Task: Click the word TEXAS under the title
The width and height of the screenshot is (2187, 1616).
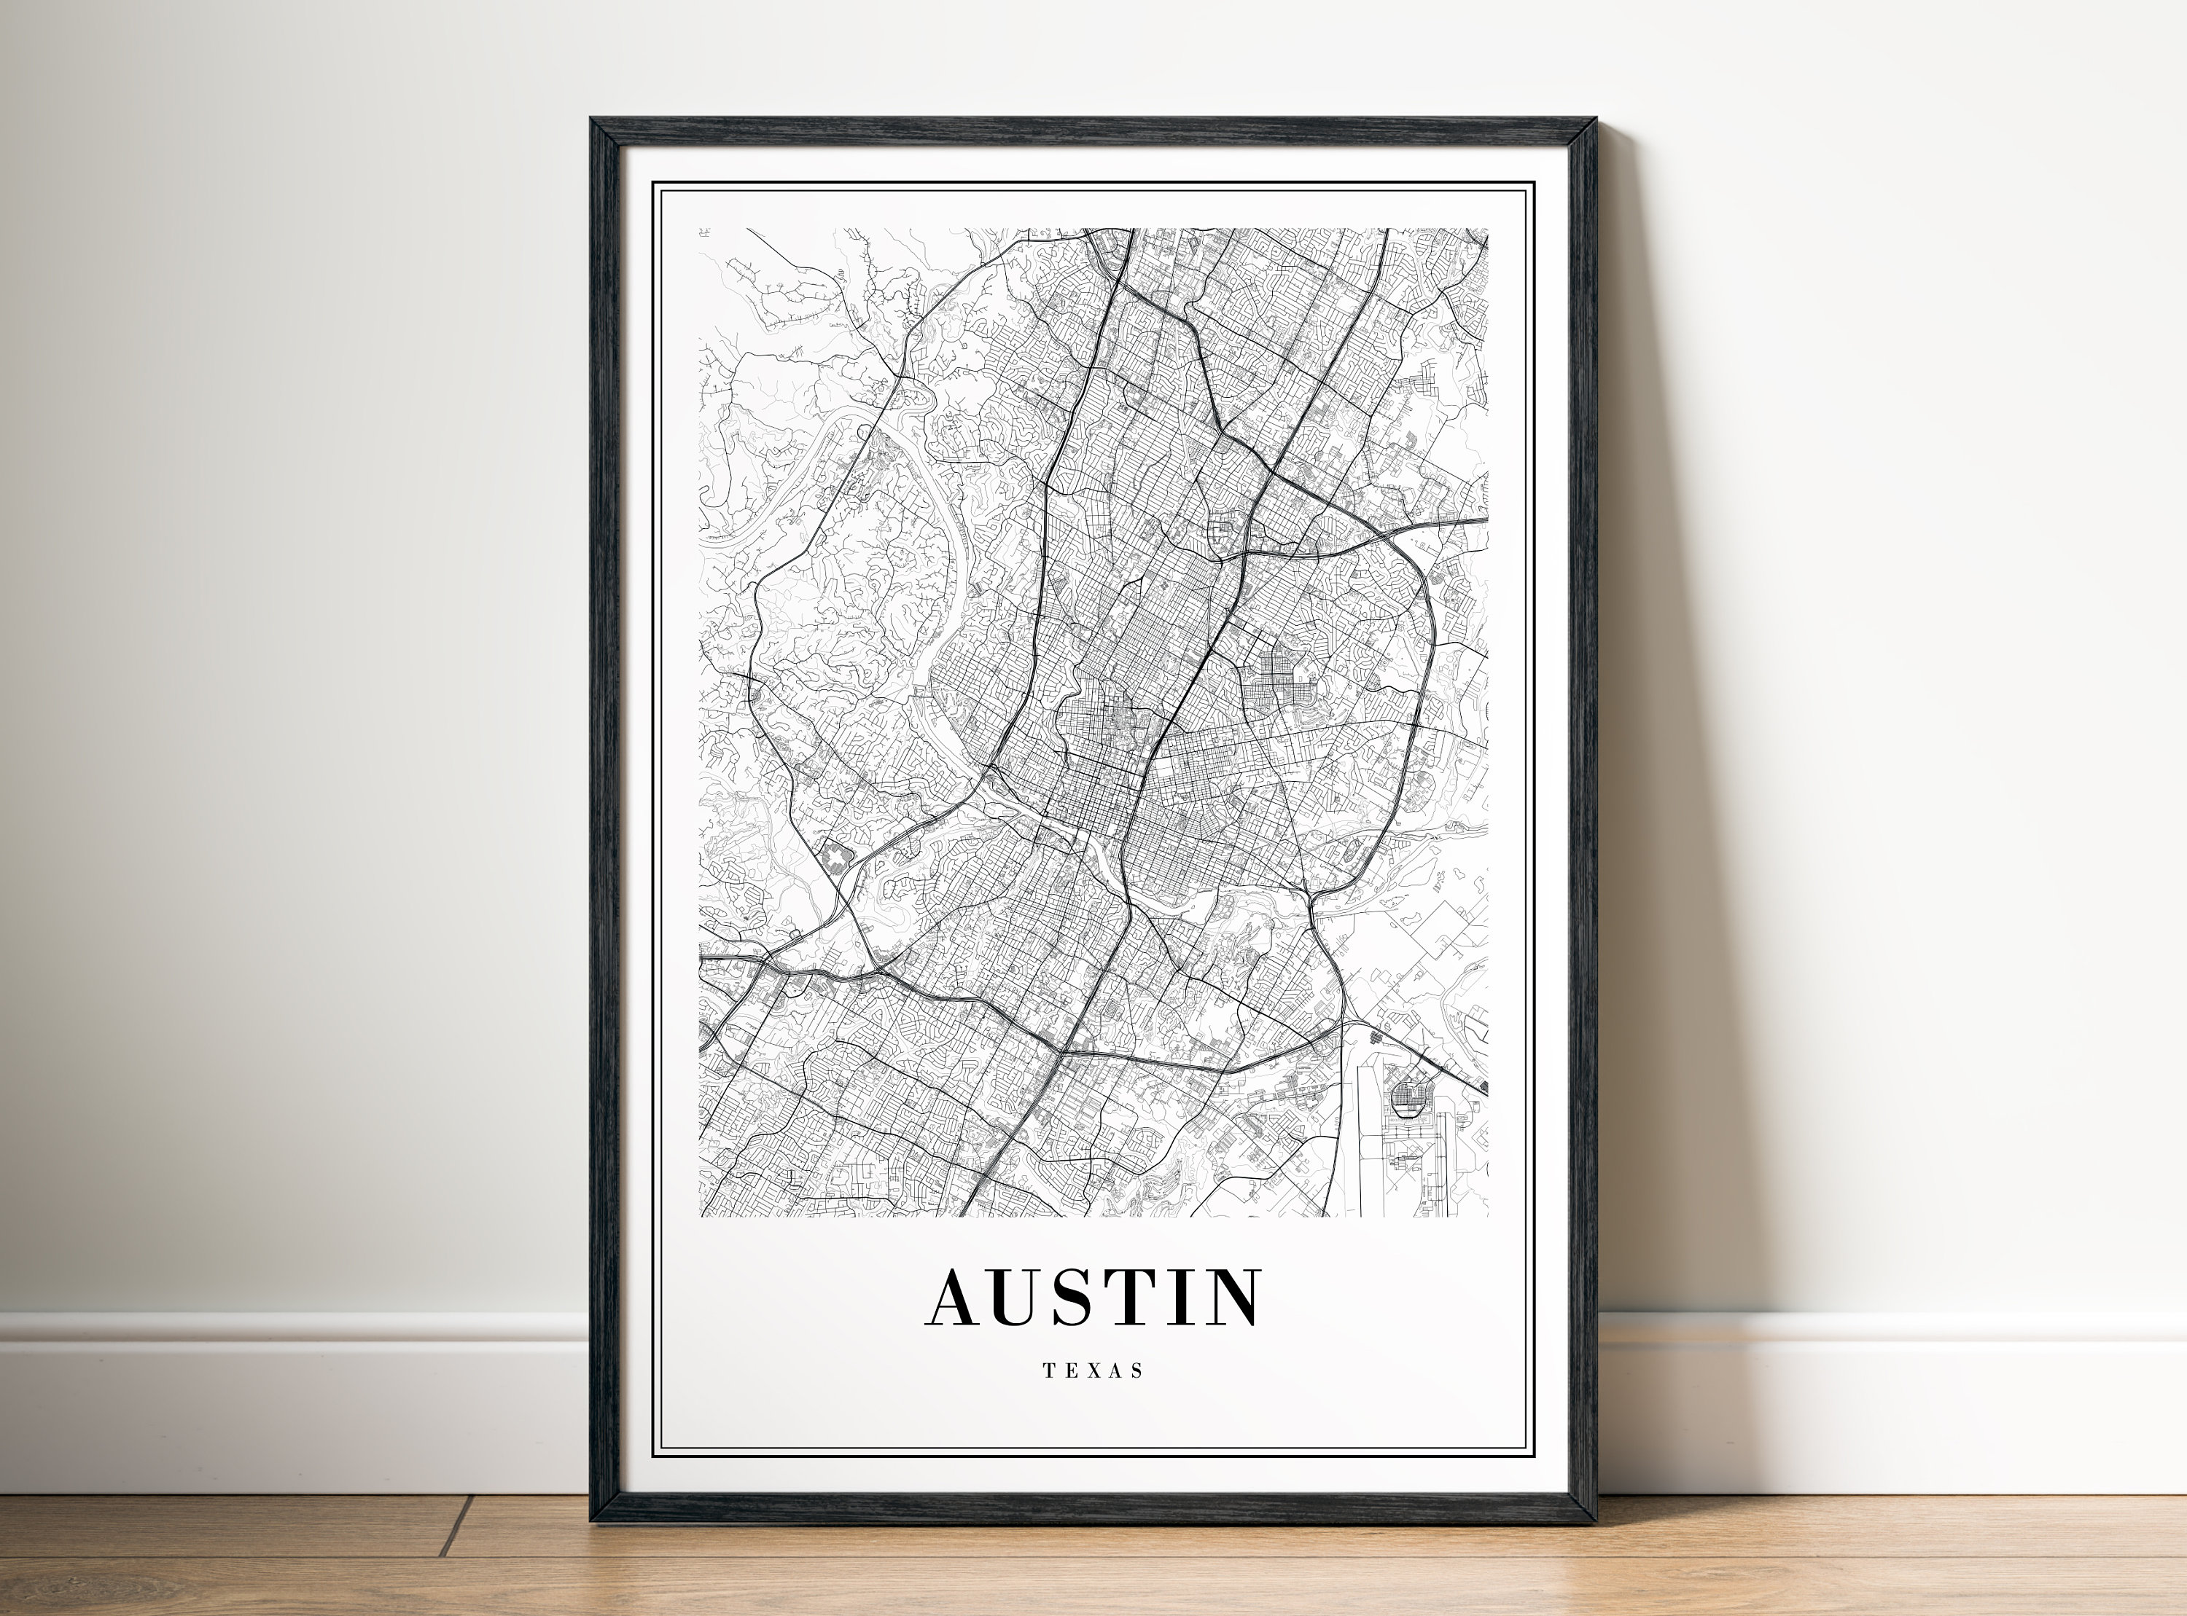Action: click(x=1092, y=1371)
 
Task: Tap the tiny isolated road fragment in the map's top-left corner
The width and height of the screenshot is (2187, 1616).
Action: click(x=703, y=233)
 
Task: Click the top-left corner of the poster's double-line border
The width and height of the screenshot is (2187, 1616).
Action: click(x=654, y=184)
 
